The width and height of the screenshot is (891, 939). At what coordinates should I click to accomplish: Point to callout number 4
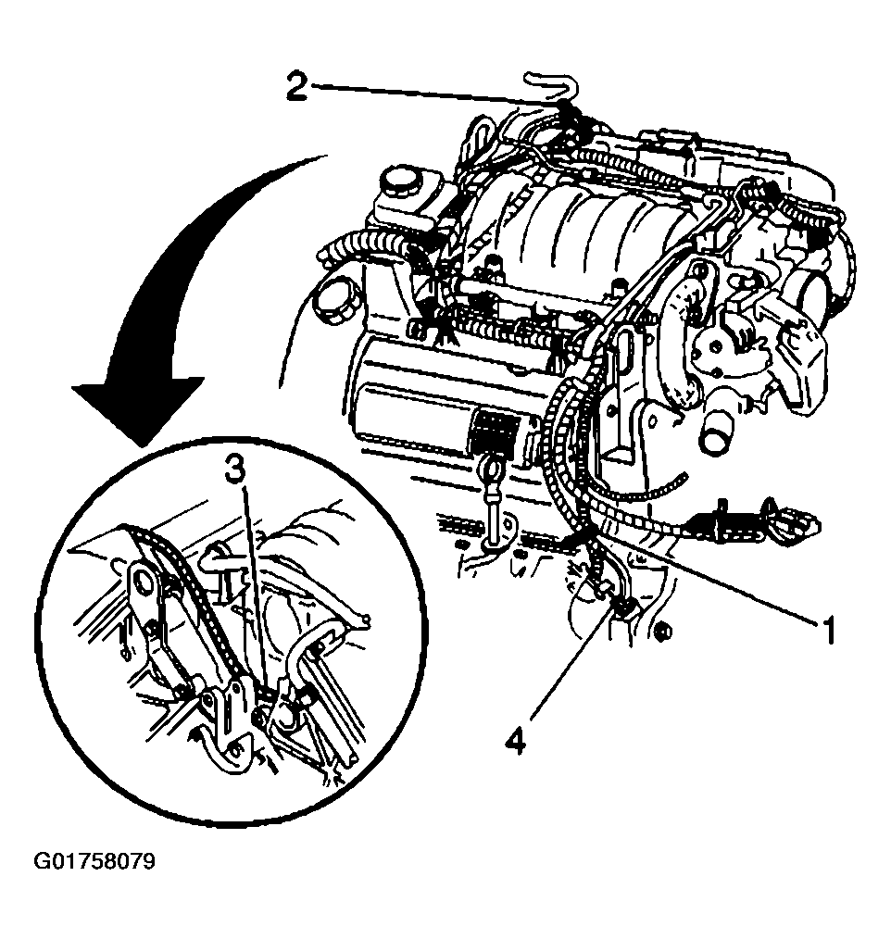click(x=515, y=743)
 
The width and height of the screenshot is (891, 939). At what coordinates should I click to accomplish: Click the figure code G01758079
click(x=94, y=861)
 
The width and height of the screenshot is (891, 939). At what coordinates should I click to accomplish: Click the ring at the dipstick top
click(x=493, y=467)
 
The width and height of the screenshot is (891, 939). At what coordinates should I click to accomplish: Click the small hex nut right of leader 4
click(x=663, y=631)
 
